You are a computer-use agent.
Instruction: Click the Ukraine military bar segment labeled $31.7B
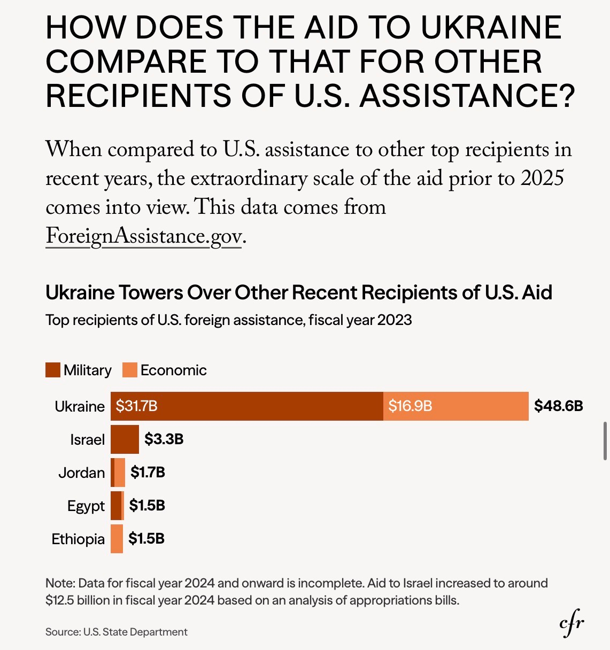[x=246, y=406]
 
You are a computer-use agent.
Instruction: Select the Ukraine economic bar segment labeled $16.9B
[x=455, y=406]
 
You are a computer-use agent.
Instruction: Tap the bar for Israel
[x=125, y=439]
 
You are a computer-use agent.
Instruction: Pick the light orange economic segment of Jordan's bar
[x=120, y=473]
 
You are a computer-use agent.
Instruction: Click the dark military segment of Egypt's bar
[x=115, y=506]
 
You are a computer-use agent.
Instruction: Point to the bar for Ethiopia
[x=117, y=539]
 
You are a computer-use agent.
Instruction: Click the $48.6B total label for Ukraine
[x=558, y=406]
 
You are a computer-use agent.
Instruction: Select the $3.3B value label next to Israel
[x=164, y=439]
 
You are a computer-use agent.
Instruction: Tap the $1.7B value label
[x=148, y=473]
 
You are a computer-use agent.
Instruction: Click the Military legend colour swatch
[x=53, y=370]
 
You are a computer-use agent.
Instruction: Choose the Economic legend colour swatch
[x=130, y=370]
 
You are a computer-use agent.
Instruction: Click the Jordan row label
[x=81, y=473]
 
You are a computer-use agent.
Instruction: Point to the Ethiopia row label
[x=78, y=539]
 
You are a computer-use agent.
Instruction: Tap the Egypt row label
[x=86, y=506]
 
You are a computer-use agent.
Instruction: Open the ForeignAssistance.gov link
[x=144, y=236]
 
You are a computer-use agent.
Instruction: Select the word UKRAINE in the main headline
[x=491, y=28]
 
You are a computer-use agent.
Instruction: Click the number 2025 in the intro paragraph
[x=542, y=178]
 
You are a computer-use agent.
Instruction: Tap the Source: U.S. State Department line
[x=117, y=632]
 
